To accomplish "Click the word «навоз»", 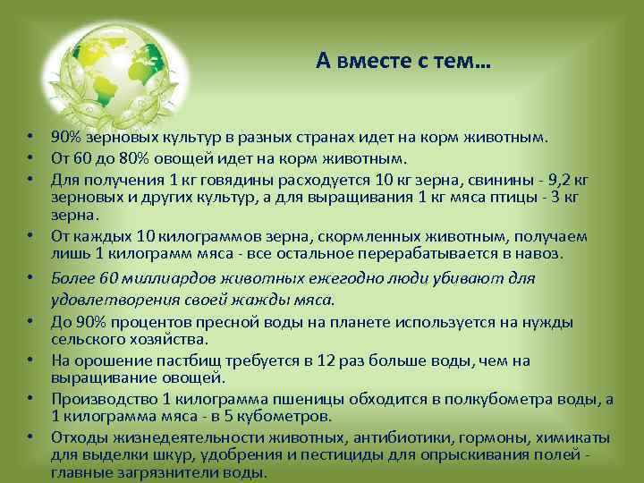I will [x=537, y=253].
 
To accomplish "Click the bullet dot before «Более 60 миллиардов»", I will [x=30, y=279].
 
